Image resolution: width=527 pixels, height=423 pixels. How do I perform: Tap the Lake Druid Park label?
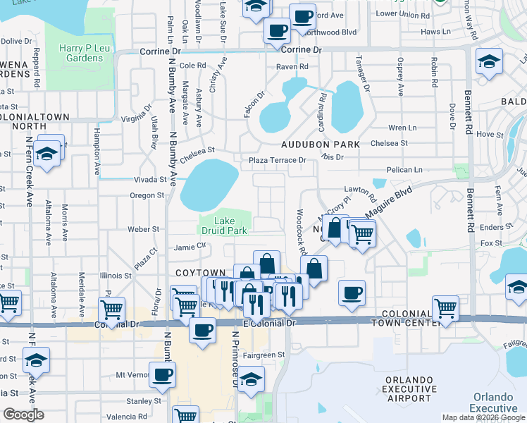point(230,226)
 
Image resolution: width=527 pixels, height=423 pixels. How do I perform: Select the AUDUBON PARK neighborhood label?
point(321,144)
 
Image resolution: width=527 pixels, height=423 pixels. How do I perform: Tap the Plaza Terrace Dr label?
point(277,160)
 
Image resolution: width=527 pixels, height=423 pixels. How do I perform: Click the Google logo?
point(23,414)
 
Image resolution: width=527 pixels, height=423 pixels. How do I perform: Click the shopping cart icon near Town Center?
point(445,307)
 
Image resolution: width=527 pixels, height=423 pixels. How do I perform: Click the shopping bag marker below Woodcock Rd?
point(314,268)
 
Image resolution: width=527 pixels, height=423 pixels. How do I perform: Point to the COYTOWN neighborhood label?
point(201,273)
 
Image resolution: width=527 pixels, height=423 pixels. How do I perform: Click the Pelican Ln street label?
point(404,170)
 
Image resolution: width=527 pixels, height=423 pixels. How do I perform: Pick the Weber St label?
point(143,229)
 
